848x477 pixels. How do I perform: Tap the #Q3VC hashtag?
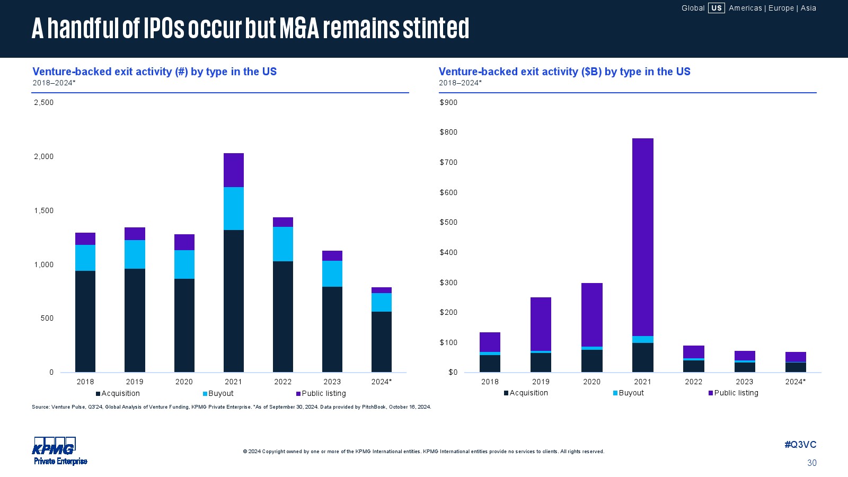800,445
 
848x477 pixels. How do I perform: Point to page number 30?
811,463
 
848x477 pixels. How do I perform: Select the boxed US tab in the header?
716,8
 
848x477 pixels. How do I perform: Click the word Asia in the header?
808,8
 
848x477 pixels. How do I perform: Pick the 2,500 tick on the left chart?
43,102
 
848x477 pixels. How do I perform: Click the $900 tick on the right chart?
448,102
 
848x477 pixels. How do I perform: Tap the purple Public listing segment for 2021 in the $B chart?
642,237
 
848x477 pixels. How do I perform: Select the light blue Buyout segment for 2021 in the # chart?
234,208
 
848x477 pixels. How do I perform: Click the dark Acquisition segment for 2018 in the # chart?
85,321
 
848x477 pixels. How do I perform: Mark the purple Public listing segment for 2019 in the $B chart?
541,324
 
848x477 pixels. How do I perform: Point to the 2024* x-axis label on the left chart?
381,382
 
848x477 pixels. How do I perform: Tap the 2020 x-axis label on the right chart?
591,382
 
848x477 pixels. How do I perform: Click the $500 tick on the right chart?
448,222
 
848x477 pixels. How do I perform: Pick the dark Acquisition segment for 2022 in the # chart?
283,316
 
